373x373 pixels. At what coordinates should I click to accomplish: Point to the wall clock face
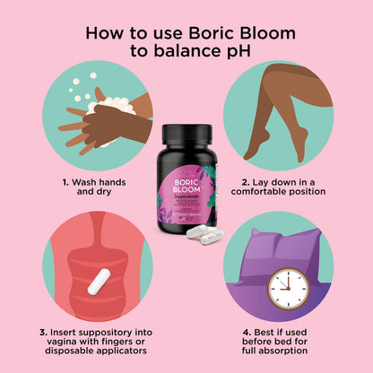pyautogui.click(x=287, y=286)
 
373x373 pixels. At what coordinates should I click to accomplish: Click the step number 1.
pyautogui.click(x=66, y=182)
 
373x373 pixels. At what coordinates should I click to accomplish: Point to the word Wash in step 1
pyautogui.click(x=89, y=182)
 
